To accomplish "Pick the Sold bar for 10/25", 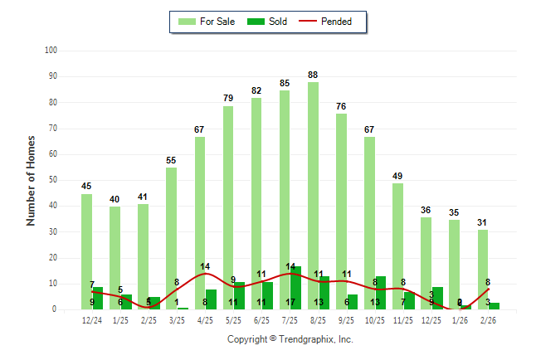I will pos(381,293).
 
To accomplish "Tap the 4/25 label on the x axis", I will pos(205,321).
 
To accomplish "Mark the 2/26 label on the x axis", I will pos(489,321).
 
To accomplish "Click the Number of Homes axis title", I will pos(31,180).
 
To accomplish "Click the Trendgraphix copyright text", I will pos(290,339).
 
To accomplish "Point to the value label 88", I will pos(313,75).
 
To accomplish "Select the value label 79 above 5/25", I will pos(227,98).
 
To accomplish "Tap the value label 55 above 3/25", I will pos(171,160).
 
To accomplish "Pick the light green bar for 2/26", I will pos(483,269).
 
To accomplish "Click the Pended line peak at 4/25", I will pos(206,273).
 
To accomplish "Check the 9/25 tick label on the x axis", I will pos(347,321).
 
